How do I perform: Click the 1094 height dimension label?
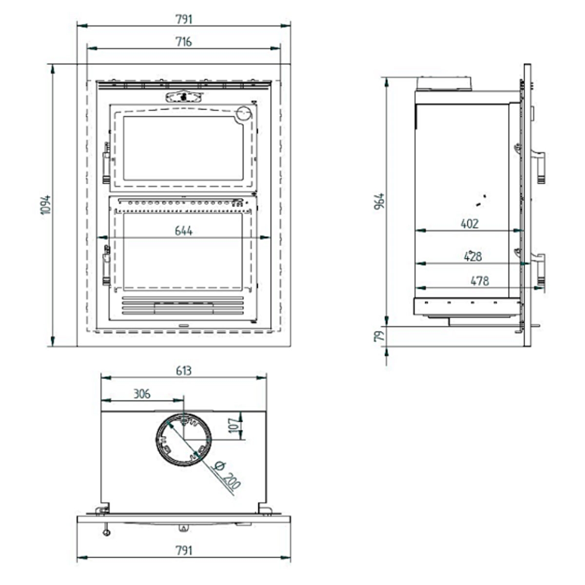coord(45,205)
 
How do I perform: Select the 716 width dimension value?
coord(184,42)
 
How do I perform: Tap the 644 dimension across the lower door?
coord(184,231)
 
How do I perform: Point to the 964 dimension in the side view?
coord(379,201)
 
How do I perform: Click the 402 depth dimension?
coord(469,224)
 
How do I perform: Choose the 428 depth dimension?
coord(472,256)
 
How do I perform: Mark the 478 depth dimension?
coord(479,281)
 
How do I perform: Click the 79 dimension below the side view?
coord(379,336)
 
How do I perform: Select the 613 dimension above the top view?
coord(184,370)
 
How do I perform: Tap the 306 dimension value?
coord(142,393)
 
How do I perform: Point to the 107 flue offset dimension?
coord(234,425)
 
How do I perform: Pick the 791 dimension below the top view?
coord(184,550)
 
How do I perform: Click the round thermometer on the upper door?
coord(243,113)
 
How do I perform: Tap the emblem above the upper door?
coord(184,96)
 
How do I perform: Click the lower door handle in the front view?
coord(106,266)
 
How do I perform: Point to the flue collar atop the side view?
coord(444,83)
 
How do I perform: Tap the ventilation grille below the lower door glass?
coord(183,306)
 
